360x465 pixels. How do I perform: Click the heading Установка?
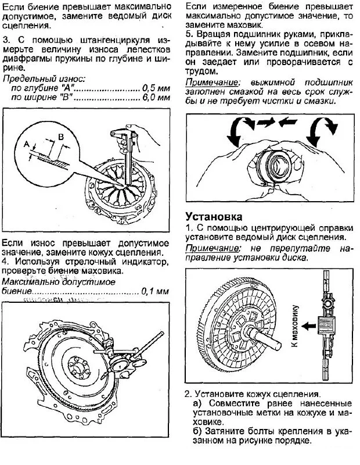[213, 216]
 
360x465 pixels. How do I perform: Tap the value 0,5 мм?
[156, 88]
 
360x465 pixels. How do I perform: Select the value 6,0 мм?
[156, 97]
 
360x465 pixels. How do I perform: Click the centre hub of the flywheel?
[75, 366]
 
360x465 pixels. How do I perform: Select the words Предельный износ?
[37, 78]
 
